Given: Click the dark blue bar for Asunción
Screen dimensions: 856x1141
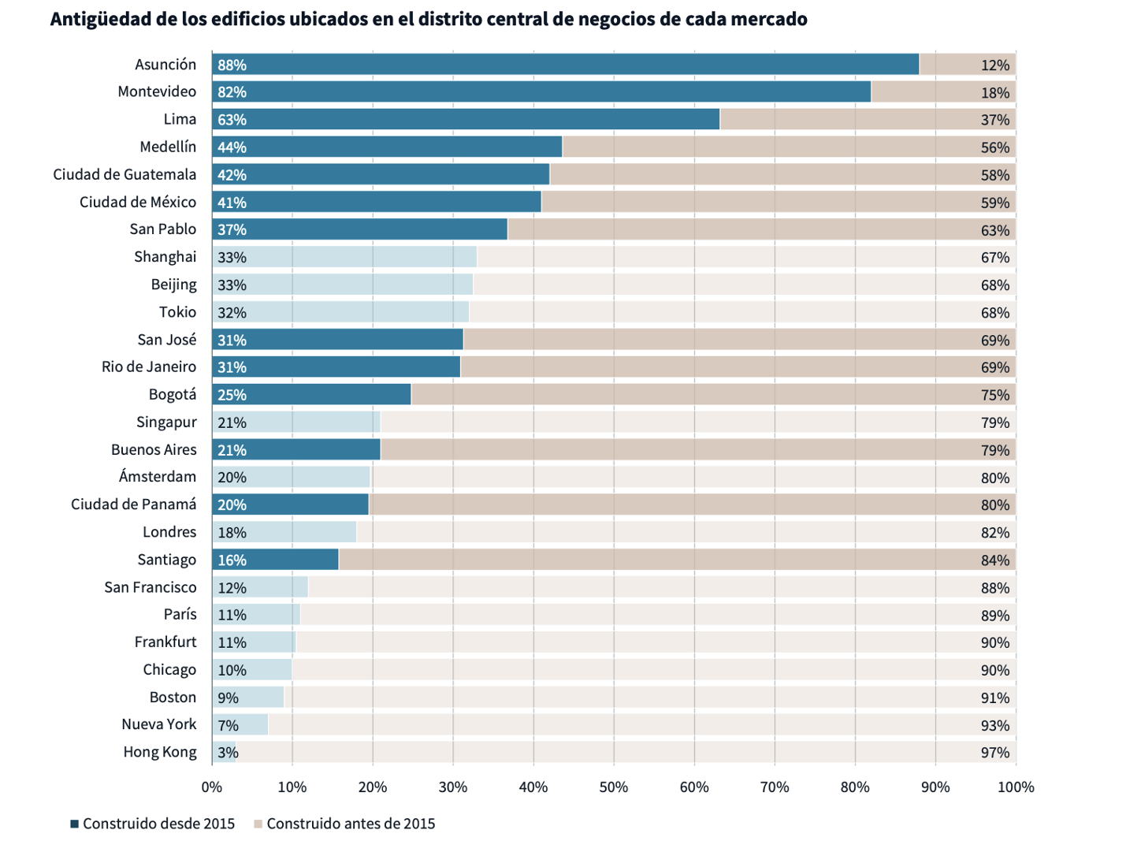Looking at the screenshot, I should [565, 65].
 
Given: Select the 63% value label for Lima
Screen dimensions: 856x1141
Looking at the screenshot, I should [232, 120].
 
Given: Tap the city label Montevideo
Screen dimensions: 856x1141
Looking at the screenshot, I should [157, 91].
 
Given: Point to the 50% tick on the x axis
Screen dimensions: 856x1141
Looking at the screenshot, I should [614, 787].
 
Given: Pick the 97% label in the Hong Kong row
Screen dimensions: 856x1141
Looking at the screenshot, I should [994, 753].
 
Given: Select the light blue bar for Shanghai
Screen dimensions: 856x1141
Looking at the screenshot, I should [344, 257].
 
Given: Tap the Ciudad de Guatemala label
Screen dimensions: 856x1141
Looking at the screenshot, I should [125, 174].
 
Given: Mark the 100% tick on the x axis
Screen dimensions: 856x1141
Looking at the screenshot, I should [1016, 787].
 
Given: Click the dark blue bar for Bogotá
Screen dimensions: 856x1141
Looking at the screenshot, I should [311, 395].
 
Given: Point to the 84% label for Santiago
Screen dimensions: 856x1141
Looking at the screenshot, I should [994, 560].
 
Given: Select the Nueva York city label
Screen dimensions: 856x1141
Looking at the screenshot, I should [158, 724].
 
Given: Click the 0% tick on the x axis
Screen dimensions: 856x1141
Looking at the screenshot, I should [212, 787].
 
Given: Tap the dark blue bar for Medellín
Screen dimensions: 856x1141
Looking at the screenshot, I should [387, 147].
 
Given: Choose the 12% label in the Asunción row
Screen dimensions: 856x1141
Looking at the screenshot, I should [994, 65].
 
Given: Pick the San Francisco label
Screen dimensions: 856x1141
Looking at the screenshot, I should [151, 587].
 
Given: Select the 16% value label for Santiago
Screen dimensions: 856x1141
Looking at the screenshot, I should [232, 560].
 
